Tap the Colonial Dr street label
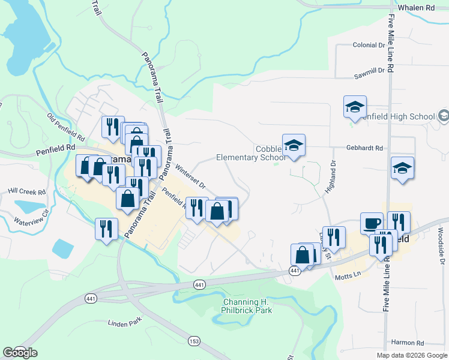tap(369, 45)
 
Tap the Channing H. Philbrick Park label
tap(247, 306)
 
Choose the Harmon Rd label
tap(407, 343)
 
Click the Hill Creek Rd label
tap(26, 191)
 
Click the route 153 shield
tap(193, 341)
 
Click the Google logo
tap(20, 352)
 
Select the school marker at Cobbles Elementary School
tap(294, 146)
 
